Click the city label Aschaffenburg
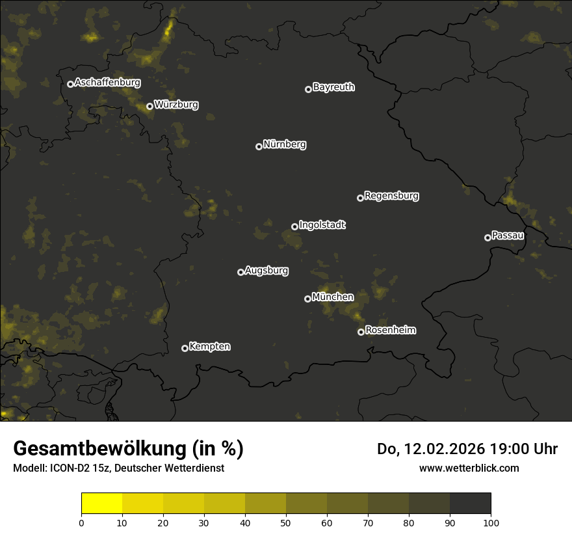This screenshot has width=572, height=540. tap(107, 83)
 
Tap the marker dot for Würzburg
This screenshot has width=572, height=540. tap(149, 106)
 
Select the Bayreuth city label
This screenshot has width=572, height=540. tap(333, 87)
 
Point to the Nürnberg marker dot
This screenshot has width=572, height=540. tap(259, 146)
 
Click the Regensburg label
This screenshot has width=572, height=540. tap(391, 195)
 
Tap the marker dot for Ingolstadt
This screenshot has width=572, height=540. tap(294, 226)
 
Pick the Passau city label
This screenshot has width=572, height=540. tap(508, 236)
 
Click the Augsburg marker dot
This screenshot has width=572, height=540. tap(240, 272)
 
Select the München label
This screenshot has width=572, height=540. tap(333, 297)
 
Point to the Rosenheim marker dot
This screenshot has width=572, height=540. tap(361, 332)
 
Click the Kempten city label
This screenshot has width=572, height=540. tap(210, 346)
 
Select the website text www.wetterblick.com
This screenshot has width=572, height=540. tap(469, 468)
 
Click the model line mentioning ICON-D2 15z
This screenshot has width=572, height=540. tap(118, 468)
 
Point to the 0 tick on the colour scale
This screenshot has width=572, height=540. tap(81, 522)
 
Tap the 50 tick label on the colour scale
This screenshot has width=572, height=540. tap(286, 522)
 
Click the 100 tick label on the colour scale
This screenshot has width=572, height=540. tap(491, 522)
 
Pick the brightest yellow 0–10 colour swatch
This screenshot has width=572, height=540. tap(101, 504)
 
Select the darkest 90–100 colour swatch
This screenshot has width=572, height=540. tap(470, 504)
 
